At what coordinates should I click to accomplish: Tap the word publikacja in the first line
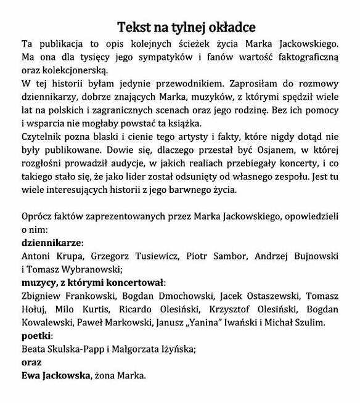click(63, 44)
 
